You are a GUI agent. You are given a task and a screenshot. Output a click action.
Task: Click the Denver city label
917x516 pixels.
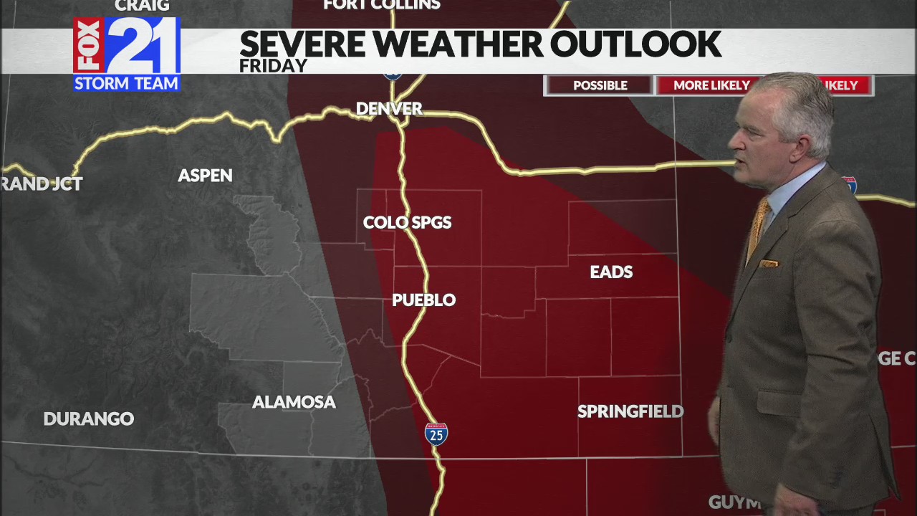(389, 109)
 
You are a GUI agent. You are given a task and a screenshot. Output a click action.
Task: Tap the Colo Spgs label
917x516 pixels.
(407, 223)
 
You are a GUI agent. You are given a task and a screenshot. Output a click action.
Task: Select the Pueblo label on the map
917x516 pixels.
(423, 300)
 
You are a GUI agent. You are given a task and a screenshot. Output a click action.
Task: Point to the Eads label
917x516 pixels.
(611, 272)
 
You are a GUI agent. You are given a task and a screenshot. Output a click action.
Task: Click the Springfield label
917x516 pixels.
(630, 411)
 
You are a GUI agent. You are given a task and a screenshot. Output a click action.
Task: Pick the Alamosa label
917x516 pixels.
(294, 402)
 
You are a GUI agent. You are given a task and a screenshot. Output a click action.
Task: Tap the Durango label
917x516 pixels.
(89, 419)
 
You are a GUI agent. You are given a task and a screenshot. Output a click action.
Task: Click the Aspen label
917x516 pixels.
(205, 176)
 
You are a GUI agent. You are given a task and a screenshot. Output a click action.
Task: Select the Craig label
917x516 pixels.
(142, 6)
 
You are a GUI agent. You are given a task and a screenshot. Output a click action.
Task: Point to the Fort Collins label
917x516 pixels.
(382, 5)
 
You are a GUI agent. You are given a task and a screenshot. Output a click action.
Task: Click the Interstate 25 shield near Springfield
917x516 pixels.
(436, 434)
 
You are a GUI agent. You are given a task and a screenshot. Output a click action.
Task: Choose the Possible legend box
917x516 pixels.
(600, 85)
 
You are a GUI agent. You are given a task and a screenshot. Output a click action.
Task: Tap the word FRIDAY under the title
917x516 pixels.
(273, 66)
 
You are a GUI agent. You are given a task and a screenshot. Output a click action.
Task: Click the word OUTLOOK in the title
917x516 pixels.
(635, 44)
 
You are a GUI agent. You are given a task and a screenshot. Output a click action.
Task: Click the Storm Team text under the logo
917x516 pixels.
(127, 83)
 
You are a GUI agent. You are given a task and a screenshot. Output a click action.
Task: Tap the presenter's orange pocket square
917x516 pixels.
(769, 263)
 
